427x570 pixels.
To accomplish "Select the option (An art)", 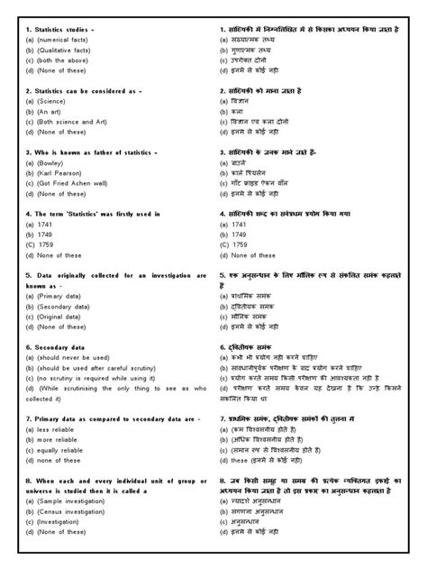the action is [x=52, y=111].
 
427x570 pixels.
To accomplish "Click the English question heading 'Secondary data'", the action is [x=59, y=346].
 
